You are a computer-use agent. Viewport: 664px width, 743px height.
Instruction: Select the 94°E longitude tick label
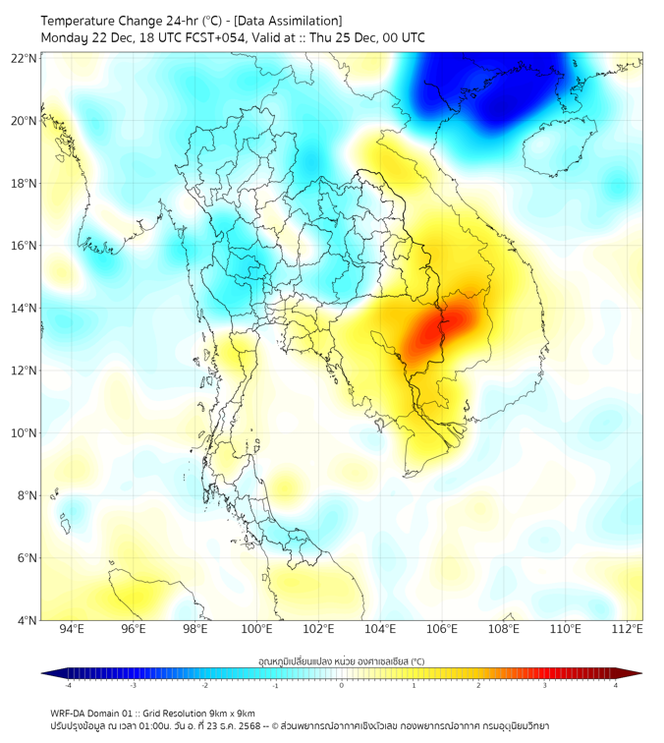pos(72,630)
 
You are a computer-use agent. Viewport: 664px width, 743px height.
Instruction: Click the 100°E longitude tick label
pos(257,630)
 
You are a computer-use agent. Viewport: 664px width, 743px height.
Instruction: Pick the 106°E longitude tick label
pos(442,630)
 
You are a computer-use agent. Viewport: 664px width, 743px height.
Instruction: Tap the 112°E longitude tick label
pos(628,630)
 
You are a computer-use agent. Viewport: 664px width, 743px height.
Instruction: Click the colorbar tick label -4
pos(68,685)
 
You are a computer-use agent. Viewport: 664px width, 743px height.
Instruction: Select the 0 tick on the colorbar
pos(342,685)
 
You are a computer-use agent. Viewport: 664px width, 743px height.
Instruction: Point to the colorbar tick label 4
pos(616,685)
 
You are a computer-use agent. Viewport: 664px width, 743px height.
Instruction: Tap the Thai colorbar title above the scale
pos(341,660)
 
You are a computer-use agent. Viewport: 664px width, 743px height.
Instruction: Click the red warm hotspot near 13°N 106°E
pos(432,334)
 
